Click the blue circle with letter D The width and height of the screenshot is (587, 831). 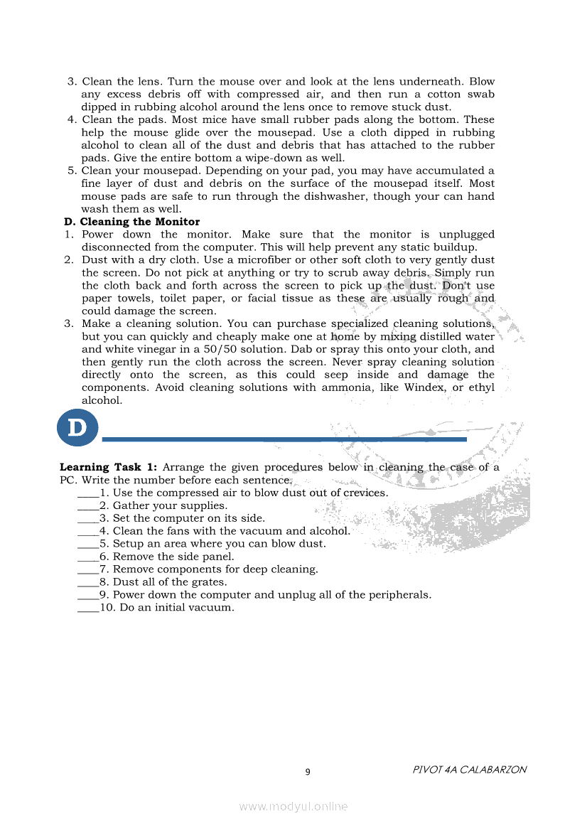tap(77, 428)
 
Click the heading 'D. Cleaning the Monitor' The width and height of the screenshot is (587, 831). tap(132, 222)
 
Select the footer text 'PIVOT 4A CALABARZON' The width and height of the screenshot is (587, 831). tap(469, 770)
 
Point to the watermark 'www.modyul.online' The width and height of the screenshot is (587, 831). tap(293, 806)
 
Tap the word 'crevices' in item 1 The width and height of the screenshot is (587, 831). tap(365, 493)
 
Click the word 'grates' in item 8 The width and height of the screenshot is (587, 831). tap(209, 582)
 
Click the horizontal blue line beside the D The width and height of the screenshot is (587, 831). tap(284, 439)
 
